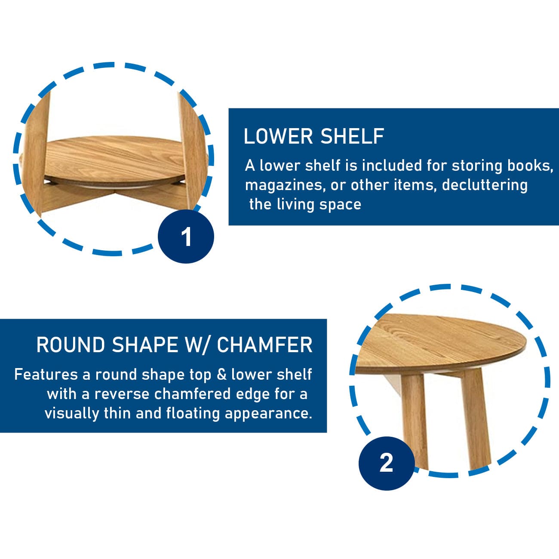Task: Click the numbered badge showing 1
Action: (x=186, y=236)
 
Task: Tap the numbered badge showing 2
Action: (x=387, y=464)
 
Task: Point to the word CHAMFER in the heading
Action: (x=264, y=345)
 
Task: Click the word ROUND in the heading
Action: (x=71, y=345)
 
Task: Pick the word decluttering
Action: (x=485, y=185)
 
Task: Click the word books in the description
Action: (x=530, y=166)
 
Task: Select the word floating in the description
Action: (x=193, y=413)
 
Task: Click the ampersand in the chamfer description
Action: (x=221, y=375)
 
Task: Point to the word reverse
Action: (x=122, y=394)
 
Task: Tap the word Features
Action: (x=46, y=375)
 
